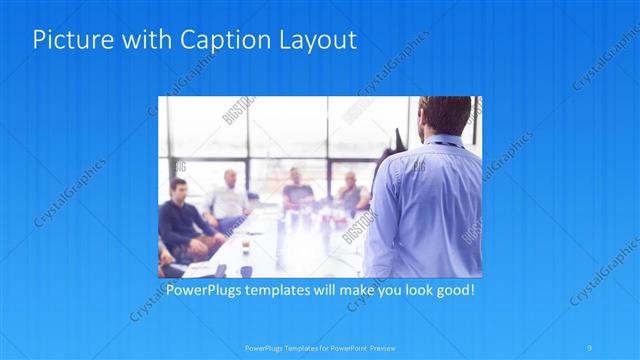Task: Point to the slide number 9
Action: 591,345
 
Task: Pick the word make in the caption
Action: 344,291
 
